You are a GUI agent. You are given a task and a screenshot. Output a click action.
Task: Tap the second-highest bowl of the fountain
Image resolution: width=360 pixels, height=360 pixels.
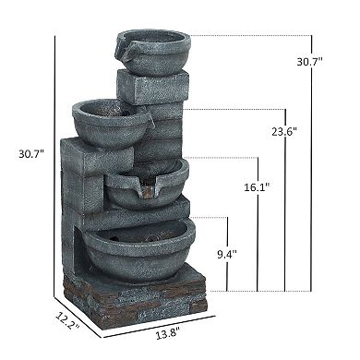(x=108, y=121)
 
